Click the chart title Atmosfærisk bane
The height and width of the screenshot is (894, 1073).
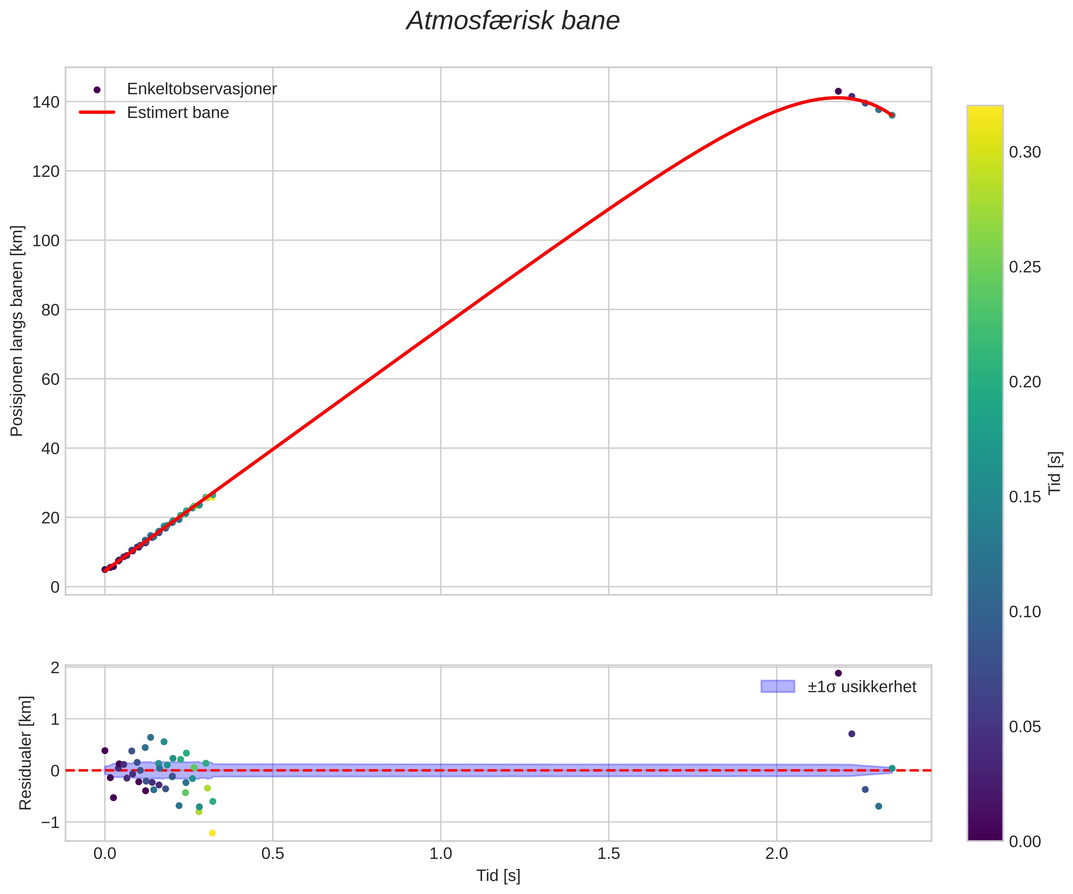pos(512,21)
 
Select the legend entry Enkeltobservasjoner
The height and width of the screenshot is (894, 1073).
pos(201,89)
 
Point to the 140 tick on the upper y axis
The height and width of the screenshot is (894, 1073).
pos(46,102)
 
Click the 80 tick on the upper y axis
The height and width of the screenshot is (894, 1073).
pos(50,310)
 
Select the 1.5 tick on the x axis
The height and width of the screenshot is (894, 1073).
pos(608,854)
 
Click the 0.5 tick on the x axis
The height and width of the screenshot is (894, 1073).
pos(272,854)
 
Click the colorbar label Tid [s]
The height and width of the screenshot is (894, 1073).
pos(1055,473)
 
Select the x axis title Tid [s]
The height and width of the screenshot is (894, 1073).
pos(498,876)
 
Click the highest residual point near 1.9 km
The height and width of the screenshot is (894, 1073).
pos(838,673)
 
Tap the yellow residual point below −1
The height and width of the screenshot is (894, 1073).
pos(213,833)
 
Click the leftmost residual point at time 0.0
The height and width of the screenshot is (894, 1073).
pos(105,750)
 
